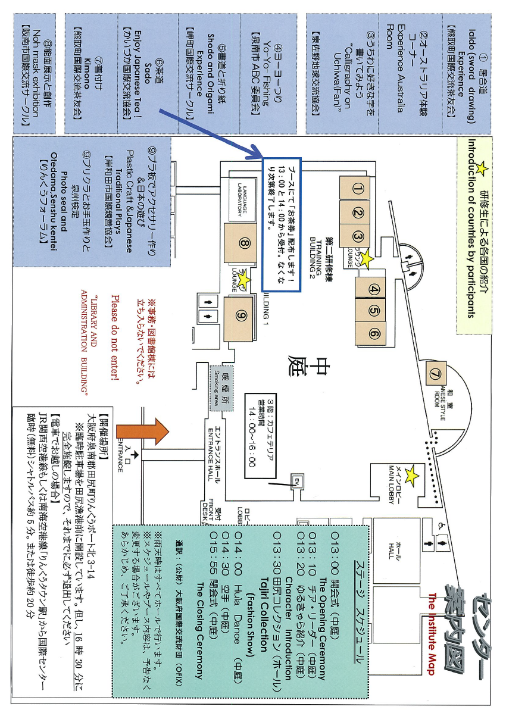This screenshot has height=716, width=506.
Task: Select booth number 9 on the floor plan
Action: click(242, 316)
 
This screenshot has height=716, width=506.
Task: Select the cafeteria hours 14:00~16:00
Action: click(252, 428)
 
